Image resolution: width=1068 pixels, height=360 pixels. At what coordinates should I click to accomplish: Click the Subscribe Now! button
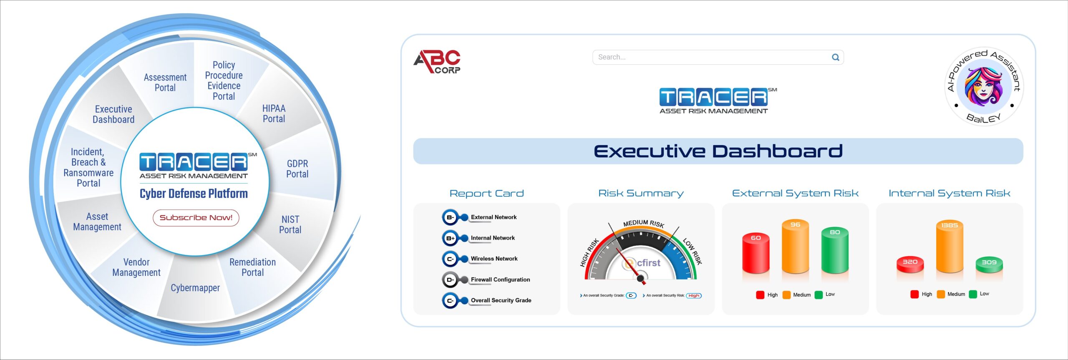tap(196, 218)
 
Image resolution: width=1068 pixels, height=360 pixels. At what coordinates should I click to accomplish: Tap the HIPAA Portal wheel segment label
tap(274, 113)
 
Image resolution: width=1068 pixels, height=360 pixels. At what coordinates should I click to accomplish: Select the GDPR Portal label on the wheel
tap(297, 169)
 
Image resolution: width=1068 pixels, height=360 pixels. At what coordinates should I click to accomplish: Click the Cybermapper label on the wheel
tap(195, 288)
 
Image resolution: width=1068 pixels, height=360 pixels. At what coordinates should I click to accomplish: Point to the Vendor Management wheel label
tap(136, 267)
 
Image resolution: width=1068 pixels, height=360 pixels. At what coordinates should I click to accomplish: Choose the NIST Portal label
tap(290, 224)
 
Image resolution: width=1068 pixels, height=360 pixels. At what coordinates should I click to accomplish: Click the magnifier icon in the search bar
tap(836, 57)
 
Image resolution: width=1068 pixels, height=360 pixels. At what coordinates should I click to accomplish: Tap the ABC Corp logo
tap(437, 62)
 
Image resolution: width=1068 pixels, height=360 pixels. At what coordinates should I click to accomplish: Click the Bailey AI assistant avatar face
tap(983, 86)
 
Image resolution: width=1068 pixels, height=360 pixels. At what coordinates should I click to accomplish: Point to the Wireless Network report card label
tap(494, 259)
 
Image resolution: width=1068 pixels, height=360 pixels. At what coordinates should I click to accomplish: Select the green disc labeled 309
tap(989, 265)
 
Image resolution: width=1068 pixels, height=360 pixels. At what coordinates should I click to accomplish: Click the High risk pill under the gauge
tap(694, 296)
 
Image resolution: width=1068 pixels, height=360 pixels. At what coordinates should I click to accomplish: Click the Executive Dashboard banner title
tap(718, 151)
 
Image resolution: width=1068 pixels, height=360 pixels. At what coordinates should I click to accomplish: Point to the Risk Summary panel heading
tap(641, 193)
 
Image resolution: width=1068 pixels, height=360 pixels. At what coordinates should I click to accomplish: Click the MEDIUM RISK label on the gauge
tap(644, 223)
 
